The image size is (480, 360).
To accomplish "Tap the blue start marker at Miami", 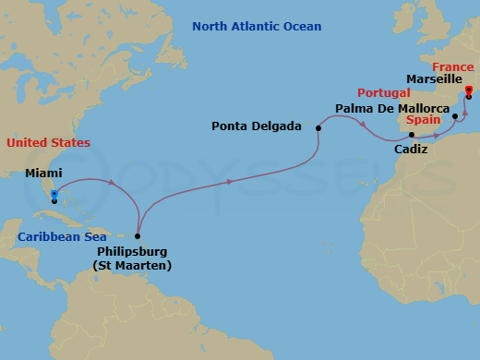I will (54, 194).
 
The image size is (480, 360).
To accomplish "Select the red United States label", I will (48, 142).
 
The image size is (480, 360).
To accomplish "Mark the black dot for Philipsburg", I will (138, 235).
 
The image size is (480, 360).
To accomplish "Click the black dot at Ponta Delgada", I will (318, 128).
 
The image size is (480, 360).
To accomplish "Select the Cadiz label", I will (411, 149).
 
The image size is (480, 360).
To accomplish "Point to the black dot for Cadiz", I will (412, 134).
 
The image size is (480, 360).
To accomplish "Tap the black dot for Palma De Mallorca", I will (455, 115).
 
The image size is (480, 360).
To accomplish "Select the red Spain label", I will (422, 120).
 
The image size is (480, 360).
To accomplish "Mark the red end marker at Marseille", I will (468, 90).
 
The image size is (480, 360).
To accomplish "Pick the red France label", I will (453, 66).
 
